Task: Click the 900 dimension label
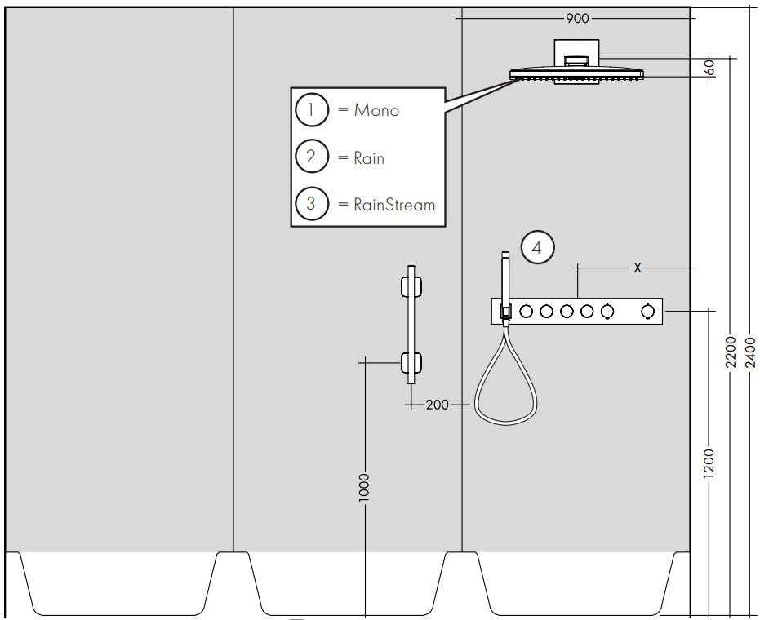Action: click(x=577, y=17)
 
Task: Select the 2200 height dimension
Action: click(x=731, y=352)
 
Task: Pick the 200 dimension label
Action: click(x=438, y=404)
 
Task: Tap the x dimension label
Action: click(x=638, y=267)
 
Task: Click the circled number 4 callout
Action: click(x=537, y=247)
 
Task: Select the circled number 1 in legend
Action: click(x=311, y=109)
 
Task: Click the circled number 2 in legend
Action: click(x=311, y=157)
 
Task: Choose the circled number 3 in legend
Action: click(x=311, y=203)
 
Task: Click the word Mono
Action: click(x=376, y=110)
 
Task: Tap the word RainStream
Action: click(x=394, y=204)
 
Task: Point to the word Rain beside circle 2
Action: click(x=369, y=157)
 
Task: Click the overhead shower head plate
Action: click(x=577, y=74)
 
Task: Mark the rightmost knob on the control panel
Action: click(x=648, y=311)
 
